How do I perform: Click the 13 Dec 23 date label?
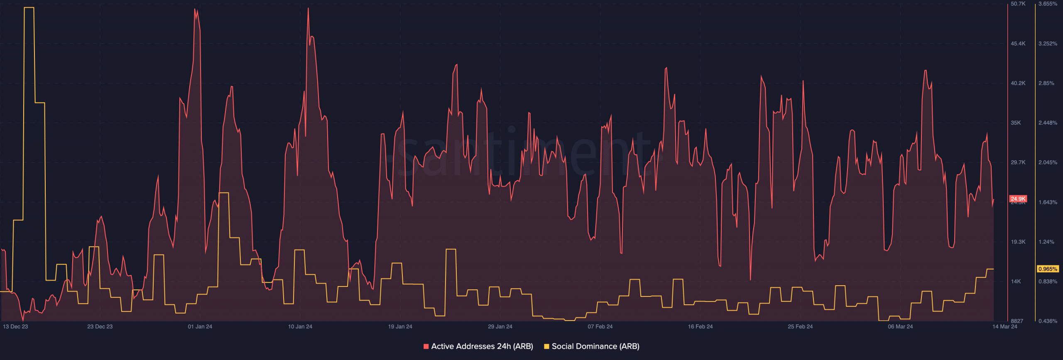coord(15,327)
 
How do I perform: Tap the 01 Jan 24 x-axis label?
coord(200,327)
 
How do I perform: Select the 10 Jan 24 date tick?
coord(300,327)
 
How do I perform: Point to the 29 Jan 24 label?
coord(500,327)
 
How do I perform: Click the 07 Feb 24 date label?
coord(600,327)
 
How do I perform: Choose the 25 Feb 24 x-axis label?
coord(800,327)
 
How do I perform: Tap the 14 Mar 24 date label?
coord(1004,327)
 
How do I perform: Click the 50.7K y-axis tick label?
coord(1018,4)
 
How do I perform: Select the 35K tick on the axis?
coord(1016,123)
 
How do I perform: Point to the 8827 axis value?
coord(1017,321)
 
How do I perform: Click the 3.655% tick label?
coord(1048,4)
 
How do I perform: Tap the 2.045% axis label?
coord(1048,162)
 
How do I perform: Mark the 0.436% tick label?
coord(1048,321)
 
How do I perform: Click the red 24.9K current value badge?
coord(1018,199)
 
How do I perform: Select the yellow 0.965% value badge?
coord(1048,269)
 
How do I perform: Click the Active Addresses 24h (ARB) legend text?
coord(482,346)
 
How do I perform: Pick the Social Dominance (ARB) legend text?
coord(595,346)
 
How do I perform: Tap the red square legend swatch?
coord(426,346)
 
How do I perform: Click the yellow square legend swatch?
coord(546,346)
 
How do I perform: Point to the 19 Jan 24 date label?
coord(400,327)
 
